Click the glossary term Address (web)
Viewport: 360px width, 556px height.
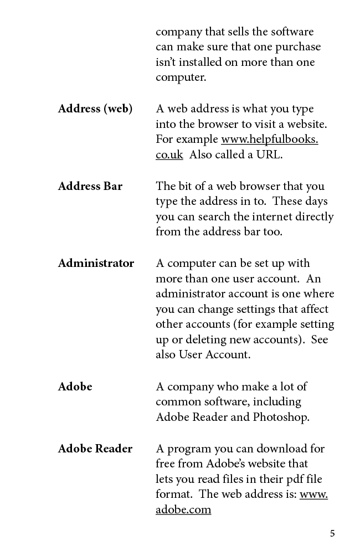pos(95,109)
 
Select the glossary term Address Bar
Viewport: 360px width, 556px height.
pos(90,186)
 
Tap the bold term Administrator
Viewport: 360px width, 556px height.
pos(96,264)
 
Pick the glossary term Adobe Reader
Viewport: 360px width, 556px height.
pos(95,449)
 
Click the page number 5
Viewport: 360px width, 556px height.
pos(332,534)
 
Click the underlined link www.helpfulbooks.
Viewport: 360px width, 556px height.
pos(270,140)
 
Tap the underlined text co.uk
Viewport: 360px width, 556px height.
pos(169,155)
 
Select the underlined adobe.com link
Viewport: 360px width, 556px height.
pos(183,510)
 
